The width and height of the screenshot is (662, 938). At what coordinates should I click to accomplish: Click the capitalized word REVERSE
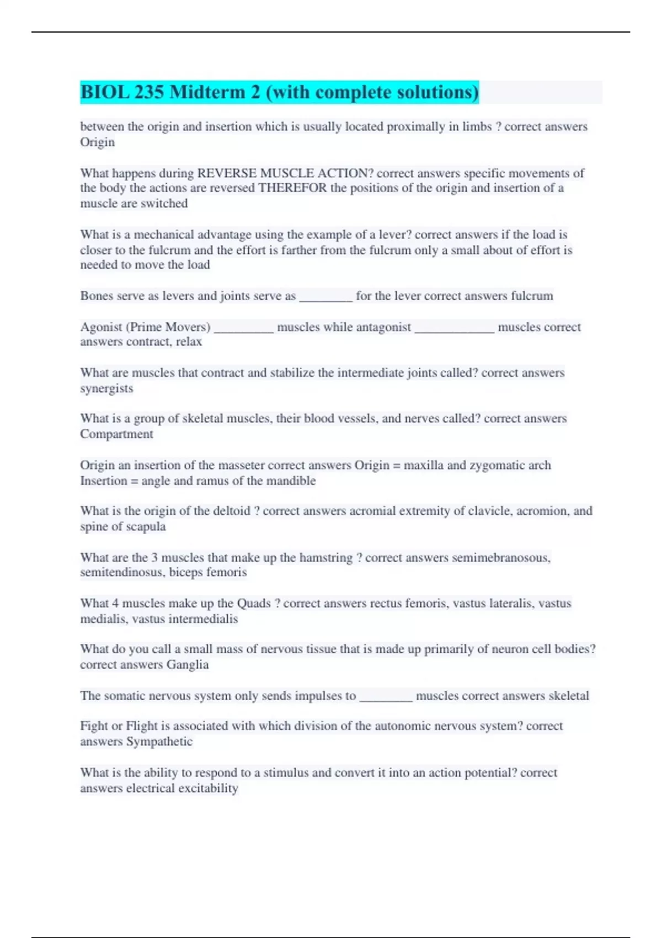(226, 173)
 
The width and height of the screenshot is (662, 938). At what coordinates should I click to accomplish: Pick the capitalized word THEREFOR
(292, 188)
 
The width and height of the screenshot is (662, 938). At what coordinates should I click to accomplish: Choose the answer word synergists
(106, 388)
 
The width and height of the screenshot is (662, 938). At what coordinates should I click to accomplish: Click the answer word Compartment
(116, 434)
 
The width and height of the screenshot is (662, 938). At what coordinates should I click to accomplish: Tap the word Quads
(254, 604)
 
